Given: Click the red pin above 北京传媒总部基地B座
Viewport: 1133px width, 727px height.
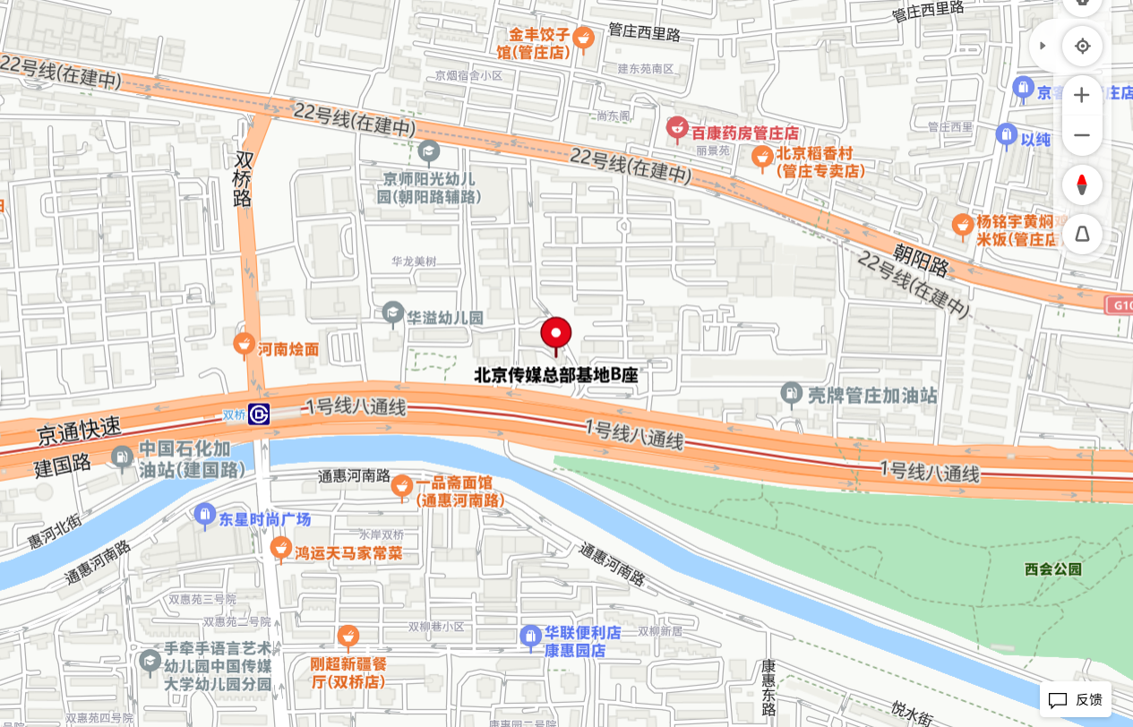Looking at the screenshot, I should tap(556, 334).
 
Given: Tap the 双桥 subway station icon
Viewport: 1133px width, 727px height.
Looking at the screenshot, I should tap(260, 415).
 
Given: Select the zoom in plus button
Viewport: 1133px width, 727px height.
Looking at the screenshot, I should tap(1082, 95).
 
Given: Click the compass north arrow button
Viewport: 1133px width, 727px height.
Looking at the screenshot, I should tap(1082, 185).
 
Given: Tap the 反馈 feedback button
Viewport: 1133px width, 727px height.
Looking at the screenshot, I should tap(1076, 699).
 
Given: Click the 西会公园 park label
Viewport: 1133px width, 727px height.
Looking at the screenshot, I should tap(1053, 569).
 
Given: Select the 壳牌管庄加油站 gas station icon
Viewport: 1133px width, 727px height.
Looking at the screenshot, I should tap(791, 394).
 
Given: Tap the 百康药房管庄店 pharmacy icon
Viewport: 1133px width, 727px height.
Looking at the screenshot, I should tap(677, 130).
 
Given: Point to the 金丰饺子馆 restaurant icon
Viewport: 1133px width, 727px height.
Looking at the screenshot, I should tap(583, 38).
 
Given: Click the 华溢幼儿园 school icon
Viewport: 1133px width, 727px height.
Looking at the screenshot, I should tap(392, 313).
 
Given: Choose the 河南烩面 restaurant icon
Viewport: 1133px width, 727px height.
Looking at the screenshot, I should tap(244, 345).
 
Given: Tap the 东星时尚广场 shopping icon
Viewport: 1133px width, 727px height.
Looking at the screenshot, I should tap(205, 515).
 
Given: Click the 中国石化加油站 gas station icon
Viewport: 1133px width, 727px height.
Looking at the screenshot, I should tap(122, 458).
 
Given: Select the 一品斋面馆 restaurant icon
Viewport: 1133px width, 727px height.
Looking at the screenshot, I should tap(402, 486).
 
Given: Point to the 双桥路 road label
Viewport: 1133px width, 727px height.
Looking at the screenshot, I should tap(244, 179).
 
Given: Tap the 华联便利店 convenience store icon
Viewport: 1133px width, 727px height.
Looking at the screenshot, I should tap(531, 637).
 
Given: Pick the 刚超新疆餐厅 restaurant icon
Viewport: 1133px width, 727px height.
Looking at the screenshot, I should tap(348, 637).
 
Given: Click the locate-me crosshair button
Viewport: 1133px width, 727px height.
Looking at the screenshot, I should tap(1082, 46).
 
